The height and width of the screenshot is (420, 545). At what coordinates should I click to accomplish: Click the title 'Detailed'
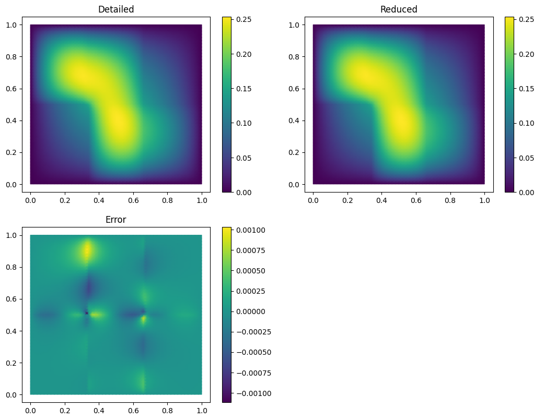(x=116, y=9)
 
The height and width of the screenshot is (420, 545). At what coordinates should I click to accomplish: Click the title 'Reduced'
(x=399, y=9)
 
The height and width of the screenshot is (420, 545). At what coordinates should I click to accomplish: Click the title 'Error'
(x=116, y=220)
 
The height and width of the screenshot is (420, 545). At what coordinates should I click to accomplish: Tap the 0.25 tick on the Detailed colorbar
(x=243, y=20)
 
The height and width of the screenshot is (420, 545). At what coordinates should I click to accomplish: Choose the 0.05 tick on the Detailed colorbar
(x=243, y=158)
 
